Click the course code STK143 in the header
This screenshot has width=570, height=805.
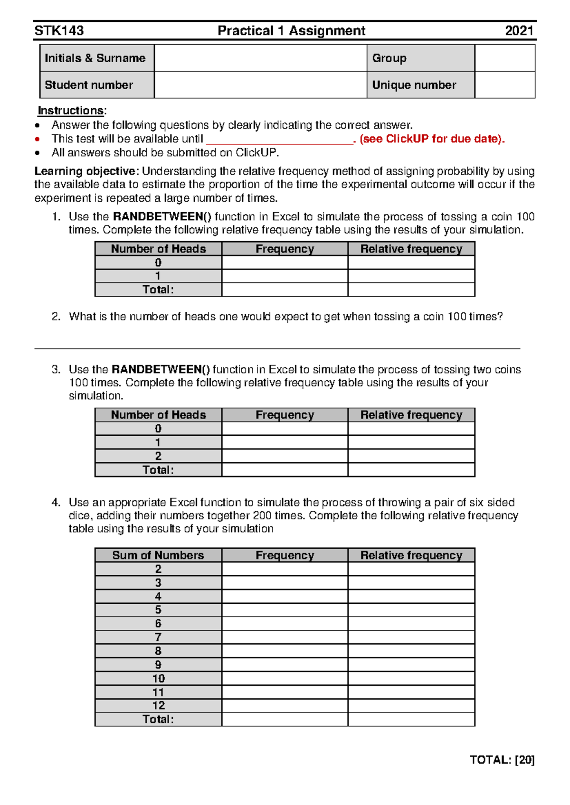59,31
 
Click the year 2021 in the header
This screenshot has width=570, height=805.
519,31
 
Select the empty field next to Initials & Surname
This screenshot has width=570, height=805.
260,58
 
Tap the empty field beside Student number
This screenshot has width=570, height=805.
260,85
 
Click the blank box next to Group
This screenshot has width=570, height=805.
504,58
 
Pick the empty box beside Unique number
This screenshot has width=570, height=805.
504,85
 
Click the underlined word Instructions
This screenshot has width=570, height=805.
71,111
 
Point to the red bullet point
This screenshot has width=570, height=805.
38,139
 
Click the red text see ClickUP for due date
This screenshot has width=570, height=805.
432,139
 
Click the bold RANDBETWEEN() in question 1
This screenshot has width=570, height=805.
162,217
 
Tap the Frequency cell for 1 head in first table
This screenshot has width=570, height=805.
285,276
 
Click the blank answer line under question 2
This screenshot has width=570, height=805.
277,348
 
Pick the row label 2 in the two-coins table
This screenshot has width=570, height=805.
158,456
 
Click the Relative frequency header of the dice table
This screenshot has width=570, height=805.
411,555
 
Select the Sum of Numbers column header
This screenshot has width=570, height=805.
158,555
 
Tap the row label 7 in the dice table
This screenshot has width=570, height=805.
158,637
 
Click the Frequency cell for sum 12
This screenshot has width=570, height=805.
285,705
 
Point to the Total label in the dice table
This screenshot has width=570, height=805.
158,719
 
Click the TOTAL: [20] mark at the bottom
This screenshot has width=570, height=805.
502,760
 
